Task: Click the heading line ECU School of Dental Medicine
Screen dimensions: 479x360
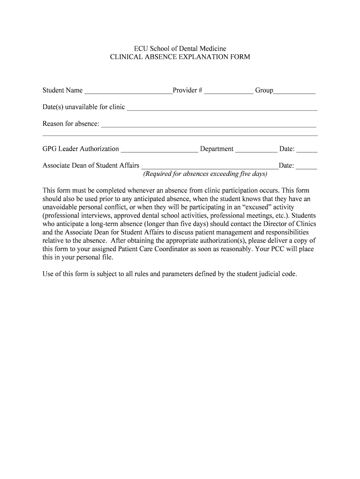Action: pos(180,49)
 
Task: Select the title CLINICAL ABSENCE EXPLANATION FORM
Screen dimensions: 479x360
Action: pos(180,57)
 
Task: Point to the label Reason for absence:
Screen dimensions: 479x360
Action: pos(71,124)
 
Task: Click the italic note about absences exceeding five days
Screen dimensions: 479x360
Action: pos(205,174)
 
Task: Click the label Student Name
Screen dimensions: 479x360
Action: pos(63,90)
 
